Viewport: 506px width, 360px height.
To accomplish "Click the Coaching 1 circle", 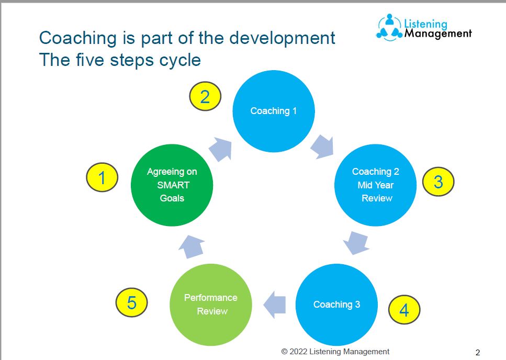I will click(273, 111).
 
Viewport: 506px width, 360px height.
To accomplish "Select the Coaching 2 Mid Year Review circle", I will click(375, 185).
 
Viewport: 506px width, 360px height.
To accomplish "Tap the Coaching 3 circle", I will click(336, 305).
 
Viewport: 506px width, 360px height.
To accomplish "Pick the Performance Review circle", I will click(211, 305).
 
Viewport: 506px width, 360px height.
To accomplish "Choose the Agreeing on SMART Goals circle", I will click(172, 185).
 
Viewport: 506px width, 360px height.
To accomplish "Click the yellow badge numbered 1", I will click(102, 178).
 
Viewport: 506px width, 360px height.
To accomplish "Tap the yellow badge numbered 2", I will click(205, 97).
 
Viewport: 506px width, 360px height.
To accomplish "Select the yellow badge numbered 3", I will click(438, 182).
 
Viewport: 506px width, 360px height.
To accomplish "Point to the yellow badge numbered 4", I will click(404, 310).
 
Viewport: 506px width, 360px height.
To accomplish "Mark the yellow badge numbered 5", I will click(131, 303).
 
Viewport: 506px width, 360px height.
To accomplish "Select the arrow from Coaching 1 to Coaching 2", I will click(322, 147).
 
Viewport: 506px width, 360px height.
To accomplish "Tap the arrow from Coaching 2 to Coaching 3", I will click(355, 242).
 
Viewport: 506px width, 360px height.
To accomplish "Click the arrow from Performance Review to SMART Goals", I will click(191, 245).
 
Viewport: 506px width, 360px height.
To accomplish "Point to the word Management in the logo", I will click(438, 34).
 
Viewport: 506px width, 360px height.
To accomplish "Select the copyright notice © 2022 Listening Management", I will click(335, 352).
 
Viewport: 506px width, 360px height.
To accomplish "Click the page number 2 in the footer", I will click(477, 352).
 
